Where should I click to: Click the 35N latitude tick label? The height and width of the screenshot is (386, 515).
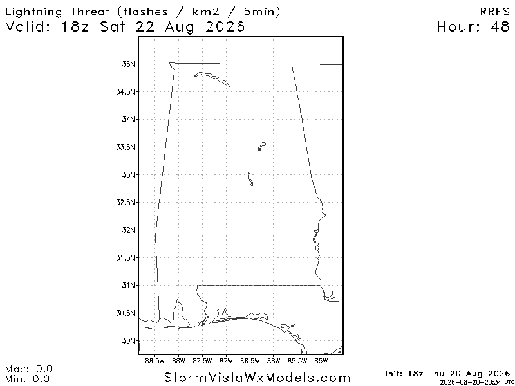click(128, 64)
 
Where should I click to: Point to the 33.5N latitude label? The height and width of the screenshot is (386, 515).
click(126, 147)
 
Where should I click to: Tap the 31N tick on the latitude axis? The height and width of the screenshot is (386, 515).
click(128, 286)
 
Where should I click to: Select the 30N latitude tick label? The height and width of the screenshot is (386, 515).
click(128, 341)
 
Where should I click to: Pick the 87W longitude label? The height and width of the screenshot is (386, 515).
click(226, 362)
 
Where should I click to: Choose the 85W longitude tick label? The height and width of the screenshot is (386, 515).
click(321, 362)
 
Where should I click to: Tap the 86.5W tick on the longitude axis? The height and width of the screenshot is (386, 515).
click(250, 362)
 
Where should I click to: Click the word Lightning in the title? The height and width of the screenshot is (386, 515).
click(34, 13)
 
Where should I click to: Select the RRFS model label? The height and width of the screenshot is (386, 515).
click(494, 12)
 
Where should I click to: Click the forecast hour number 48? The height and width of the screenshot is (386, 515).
click(500, 27)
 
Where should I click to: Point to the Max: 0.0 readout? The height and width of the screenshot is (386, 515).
click(29, 369)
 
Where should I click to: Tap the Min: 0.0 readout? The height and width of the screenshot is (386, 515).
click(28, 379)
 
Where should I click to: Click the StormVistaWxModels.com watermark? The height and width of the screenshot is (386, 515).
click(257, 378)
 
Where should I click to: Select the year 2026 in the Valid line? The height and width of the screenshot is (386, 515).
click(225, 27)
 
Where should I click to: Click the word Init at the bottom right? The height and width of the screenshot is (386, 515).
click(394, 374)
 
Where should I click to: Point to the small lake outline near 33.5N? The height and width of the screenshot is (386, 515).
click(262, 147)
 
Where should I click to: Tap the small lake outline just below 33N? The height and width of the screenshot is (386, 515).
click(250, 179)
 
